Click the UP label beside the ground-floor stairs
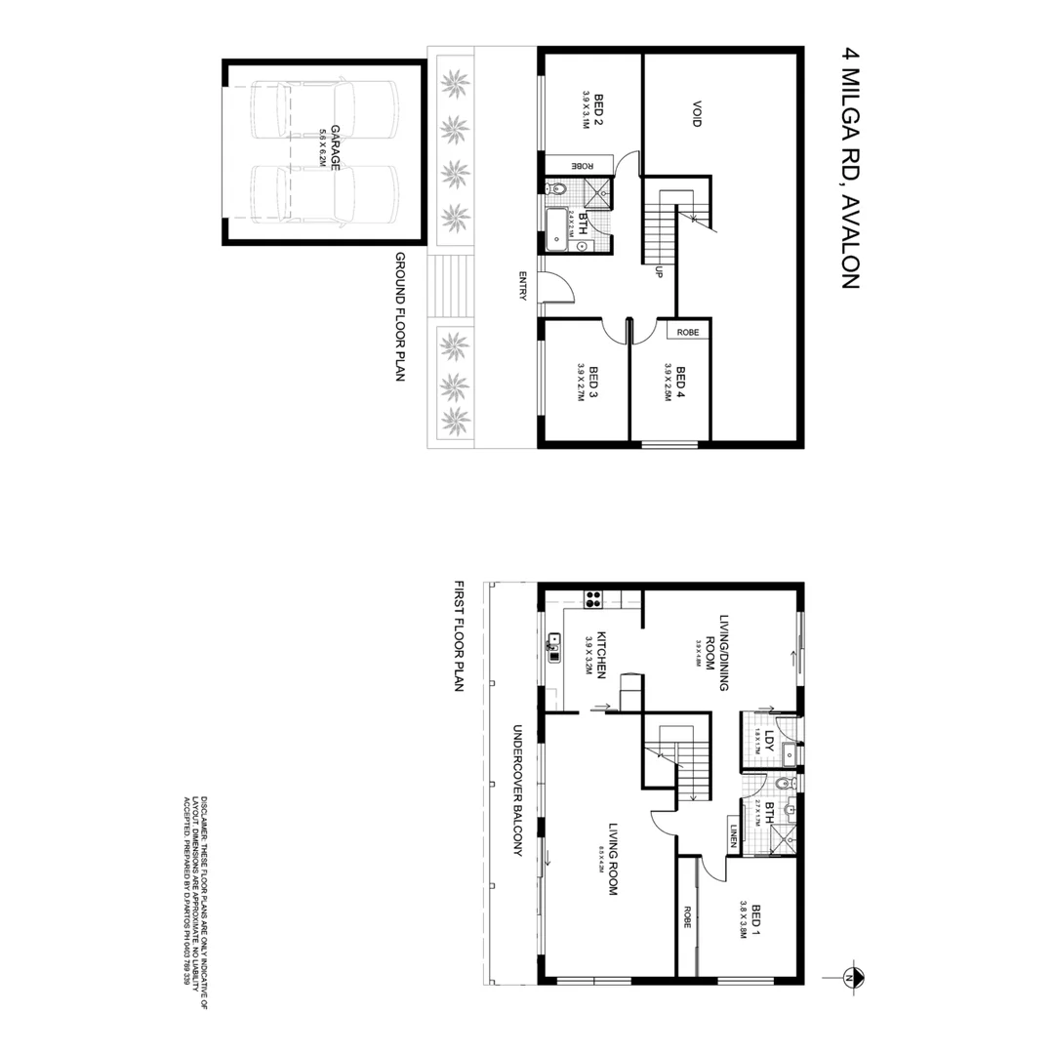pos(660,271)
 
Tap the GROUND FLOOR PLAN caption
pos(399,317)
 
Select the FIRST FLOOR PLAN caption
pos(459,637)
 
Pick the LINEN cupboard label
pos(733,837)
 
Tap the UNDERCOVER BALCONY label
pos(518,790)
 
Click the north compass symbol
pos(849,976)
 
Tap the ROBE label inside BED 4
pos(687,332)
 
